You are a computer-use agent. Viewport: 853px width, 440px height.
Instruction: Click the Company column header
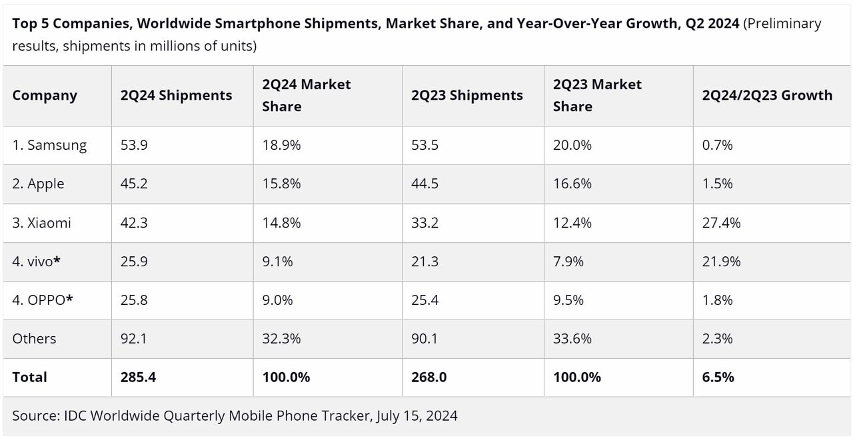coord(45,95)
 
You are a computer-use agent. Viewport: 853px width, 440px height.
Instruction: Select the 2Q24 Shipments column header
coord(176,95)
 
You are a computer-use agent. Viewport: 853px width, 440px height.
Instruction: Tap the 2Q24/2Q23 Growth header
coord(767,95)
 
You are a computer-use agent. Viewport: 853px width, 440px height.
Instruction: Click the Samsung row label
coord(49,145)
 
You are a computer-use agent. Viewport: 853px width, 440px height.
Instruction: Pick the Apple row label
coord(38,184)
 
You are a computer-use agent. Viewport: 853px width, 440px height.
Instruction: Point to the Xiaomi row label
coord(41,223)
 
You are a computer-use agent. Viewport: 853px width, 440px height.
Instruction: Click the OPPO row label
coord(42,300)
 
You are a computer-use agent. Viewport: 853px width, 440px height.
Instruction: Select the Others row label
coord(34,338)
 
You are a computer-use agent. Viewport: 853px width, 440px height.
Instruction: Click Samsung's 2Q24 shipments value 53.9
coord(134,145)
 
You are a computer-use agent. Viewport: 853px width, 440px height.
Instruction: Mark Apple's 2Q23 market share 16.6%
coord(572,184)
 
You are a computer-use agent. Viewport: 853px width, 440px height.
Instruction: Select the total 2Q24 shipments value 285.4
coord(138,377)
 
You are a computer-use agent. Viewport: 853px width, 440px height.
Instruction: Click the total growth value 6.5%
coord(718,377)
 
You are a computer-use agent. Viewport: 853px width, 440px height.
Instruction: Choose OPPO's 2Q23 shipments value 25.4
coord(425,300)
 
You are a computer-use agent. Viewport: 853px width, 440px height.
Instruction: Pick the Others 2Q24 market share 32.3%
coord(281,338)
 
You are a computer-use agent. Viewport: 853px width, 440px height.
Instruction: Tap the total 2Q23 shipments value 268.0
coord(429,377)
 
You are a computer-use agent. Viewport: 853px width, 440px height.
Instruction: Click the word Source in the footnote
coord(35,415)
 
